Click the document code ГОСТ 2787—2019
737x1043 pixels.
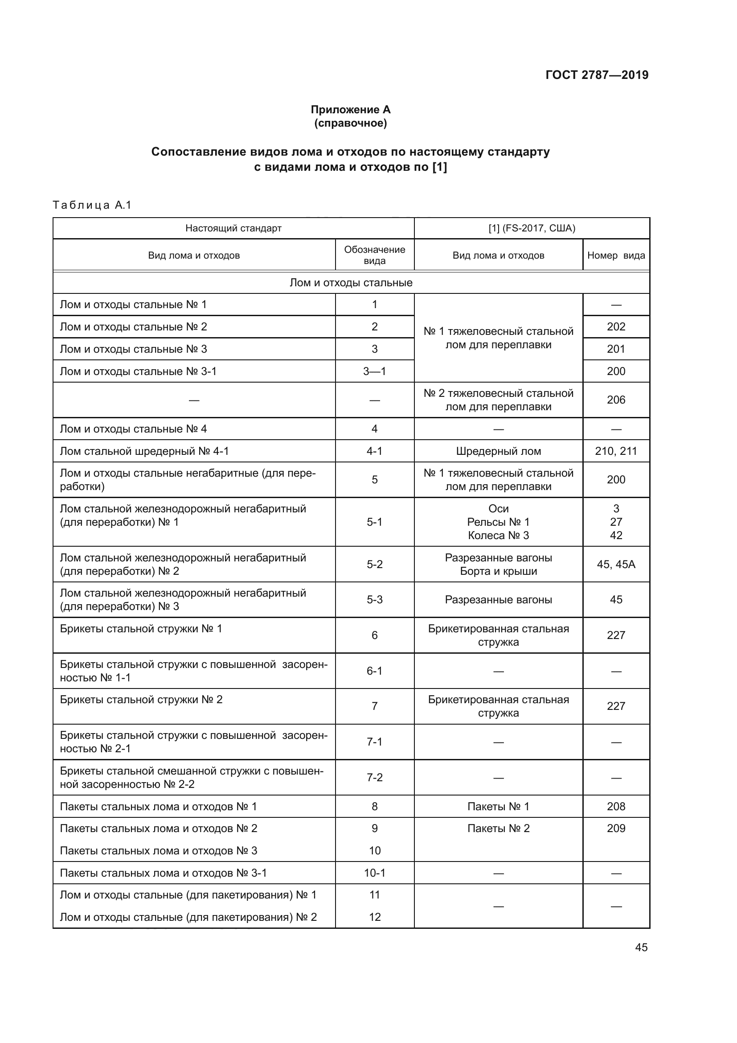coord(597,75)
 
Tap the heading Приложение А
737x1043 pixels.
coord(350,110)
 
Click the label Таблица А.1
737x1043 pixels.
coord(92,205)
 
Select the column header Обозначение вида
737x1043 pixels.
coord(374,255)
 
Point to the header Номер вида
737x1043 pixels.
coord(616,256)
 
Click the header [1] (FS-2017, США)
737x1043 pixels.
coord(532,228)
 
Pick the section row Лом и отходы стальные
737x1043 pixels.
coord(351,283)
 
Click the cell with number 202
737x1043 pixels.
coord(616,326)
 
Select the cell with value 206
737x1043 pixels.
coord(616,400)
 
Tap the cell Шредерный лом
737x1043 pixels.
coord(498,451)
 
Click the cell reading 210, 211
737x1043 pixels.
coord(616,451)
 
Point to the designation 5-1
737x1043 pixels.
coord(374,522)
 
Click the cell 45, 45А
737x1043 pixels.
coord(616,564)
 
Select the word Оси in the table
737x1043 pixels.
coord(498,509)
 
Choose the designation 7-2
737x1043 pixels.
coord(374,777)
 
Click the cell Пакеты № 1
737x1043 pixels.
coord(498,806)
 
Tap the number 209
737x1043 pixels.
coord(616,828)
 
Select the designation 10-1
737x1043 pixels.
coord(374,873)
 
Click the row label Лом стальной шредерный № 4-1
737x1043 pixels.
coord(144,451)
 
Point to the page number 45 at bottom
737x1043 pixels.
coord(641,947)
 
